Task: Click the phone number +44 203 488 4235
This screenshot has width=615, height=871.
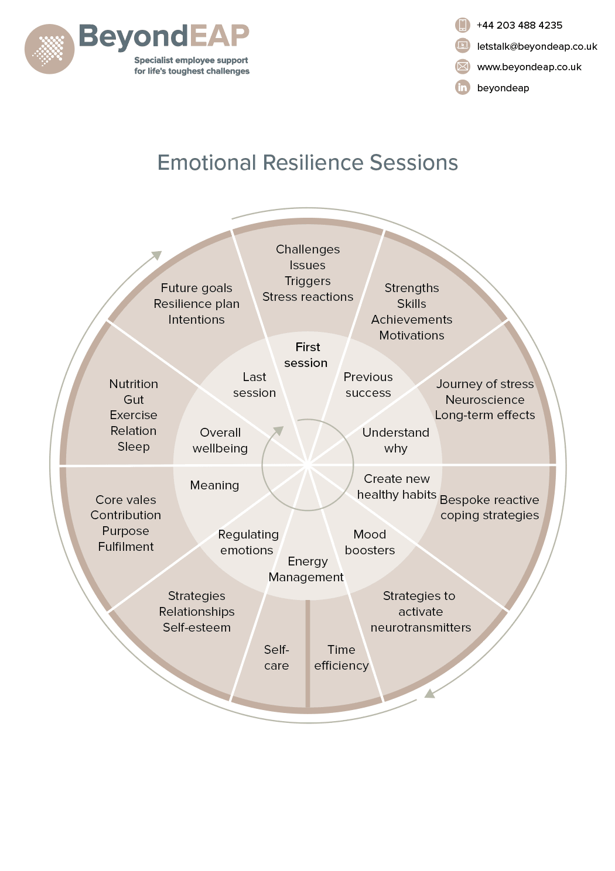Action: coord(519,25)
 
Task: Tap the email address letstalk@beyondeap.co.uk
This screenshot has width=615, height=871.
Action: coord(537,46)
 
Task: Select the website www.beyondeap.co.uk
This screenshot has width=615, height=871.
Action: coord(529,67)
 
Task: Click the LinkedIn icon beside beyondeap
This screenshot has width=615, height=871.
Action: coord(463,87)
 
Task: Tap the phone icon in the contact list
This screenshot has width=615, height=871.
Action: coord(463,25)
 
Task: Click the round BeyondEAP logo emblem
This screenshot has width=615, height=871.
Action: coord(50,49)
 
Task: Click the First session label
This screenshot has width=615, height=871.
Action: coord(306,355)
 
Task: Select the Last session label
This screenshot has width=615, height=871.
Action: coord(254,385)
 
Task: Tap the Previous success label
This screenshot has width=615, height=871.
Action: coord(368,385)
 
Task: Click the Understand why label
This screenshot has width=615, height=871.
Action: coord(396,440)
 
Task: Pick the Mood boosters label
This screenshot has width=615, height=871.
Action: coord(370,542)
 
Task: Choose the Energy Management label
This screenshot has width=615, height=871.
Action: coord(306,569)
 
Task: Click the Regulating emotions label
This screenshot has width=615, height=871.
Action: coord(248,542)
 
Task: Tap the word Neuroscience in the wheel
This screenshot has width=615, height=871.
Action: coord(484,400)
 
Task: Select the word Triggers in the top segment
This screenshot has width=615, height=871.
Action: coord(307,281)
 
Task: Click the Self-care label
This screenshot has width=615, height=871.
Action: coord(276,657)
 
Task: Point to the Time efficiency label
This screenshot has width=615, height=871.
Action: coord(341,657)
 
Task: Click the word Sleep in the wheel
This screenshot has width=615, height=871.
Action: coord(134,447)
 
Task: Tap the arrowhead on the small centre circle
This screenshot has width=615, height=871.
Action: coord(279,431)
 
